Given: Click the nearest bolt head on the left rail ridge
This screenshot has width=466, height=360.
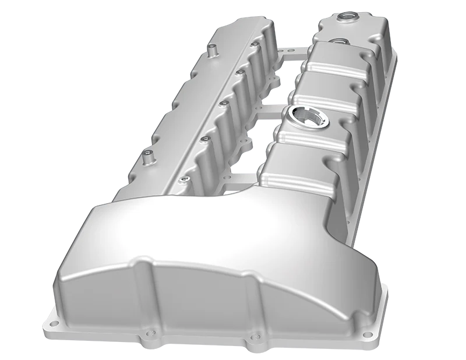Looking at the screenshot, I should pyautogui.click(x=185, y=178).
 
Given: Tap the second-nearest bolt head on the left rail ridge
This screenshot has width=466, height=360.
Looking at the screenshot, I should pyautogui.click(x=205, y=139).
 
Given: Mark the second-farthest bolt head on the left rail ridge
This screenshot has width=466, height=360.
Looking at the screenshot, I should pyautogui.click(x=239, y=72).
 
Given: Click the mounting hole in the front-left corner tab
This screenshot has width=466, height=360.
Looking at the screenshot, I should pyautogui.click(x=54, y=322).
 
